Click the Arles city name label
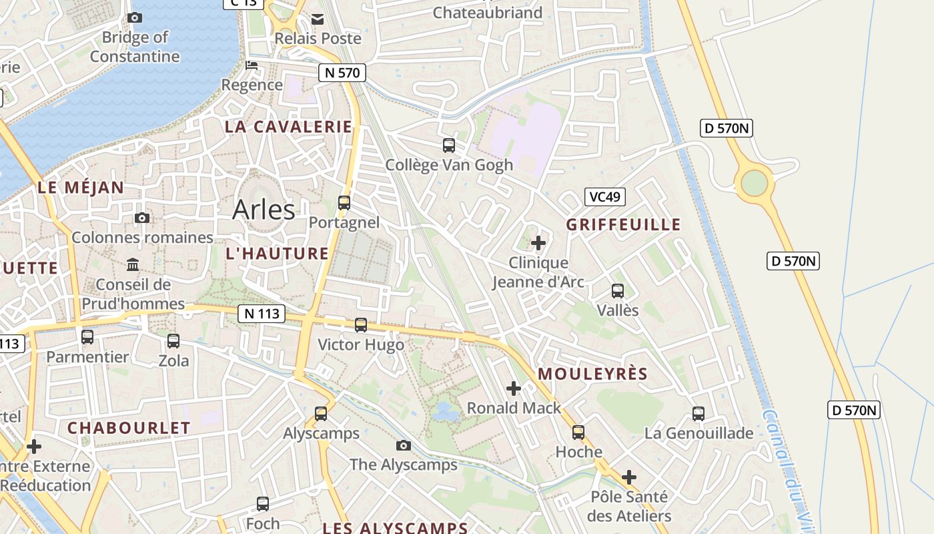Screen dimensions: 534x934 coord(264,210)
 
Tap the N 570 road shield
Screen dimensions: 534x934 coord(342,73)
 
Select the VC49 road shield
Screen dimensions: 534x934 coord(604,196)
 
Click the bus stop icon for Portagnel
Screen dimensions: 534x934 coord(344,203)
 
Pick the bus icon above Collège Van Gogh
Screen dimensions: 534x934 coord(449,145)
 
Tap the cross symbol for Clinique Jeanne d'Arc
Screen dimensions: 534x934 coord(538,243)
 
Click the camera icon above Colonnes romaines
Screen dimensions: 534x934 coord(142,218)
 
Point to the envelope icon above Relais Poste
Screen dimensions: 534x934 coord(318,19)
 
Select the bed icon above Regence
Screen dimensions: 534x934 coord(252,65)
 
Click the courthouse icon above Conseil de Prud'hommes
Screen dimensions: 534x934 coord(133,265)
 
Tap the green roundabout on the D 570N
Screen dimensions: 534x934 coord(754,183)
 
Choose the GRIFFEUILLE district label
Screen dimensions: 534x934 coord(623,224)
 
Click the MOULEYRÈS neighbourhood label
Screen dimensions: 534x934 coord(592,374)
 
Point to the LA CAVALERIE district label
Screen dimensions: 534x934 coord(288,127)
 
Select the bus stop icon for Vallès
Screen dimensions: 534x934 coord(618,291)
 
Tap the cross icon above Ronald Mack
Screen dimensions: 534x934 coord(514,388)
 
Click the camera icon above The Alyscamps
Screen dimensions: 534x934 coord(404,445)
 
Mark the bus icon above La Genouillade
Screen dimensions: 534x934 coord(698,414)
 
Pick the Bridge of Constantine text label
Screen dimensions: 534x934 coord(135,47)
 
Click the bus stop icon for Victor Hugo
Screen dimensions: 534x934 coord(361,325)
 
